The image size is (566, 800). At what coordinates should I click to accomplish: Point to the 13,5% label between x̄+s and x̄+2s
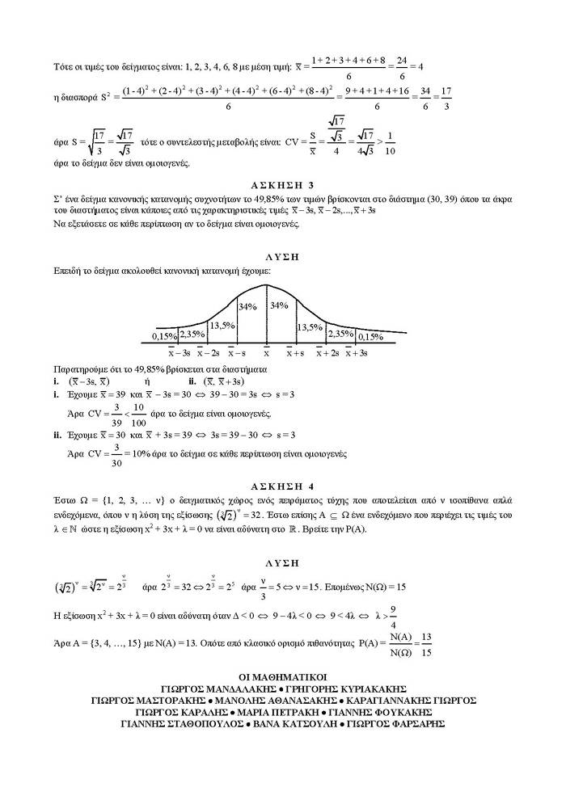[310, 326]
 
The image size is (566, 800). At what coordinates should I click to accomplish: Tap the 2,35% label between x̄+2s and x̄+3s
[340, 333]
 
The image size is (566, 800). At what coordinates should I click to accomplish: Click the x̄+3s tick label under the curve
[357, 353]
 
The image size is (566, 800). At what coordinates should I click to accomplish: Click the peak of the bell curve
[267, 285]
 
